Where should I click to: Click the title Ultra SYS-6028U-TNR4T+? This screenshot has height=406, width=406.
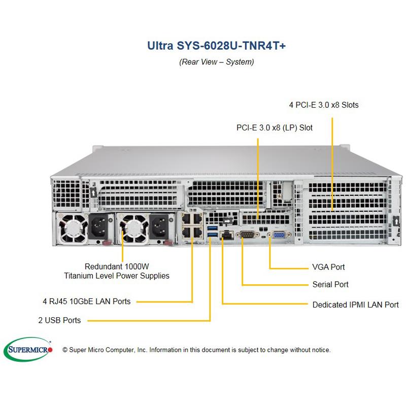click(x=216, y=45)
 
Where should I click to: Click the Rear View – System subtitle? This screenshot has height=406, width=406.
click(x=216, y=62)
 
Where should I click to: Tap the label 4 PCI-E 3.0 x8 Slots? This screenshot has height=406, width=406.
click(x=324, y=105)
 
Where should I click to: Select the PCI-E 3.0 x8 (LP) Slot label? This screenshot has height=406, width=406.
click(x=275, y=128)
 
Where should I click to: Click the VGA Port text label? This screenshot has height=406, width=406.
click(x=329, y=267)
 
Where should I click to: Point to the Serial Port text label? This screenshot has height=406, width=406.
click(x=330, y=285)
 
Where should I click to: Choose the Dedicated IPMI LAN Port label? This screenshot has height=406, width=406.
click(x=355, y=305)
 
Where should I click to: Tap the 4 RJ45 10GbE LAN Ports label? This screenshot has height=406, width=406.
click(x=86, y=301)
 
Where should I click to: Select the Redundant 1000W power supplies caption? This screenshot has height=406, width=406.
click(x=117, y=271)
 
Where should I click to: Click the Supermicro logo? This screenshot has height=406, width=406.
click(x=28, y=349)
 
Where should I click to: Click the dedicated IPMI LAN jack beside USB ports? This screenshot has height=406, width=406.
click(x=227, y=235)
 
